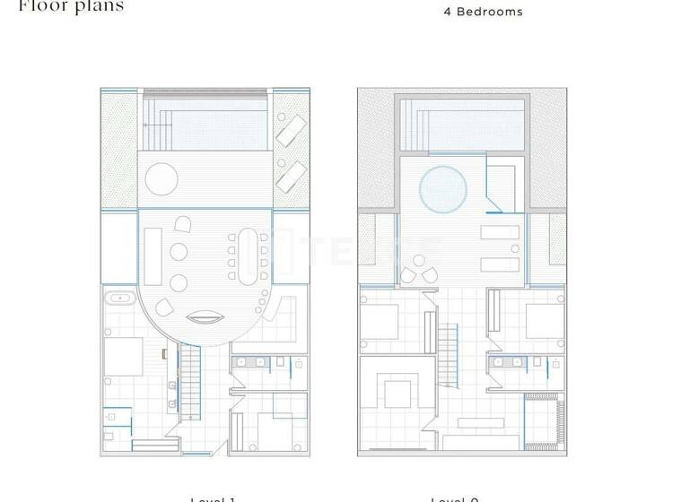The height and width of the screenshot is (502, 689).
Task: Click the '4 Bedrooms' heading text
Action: coord(483,12)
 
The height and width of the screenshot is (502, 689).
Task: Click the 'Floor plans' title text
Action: coord(71,6)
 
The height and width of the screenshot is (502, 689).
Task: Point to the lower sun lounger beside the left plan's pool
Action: coord(290,175)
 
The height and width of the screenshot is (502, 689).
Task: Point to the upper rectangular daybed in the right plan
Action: coord(499,234)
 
